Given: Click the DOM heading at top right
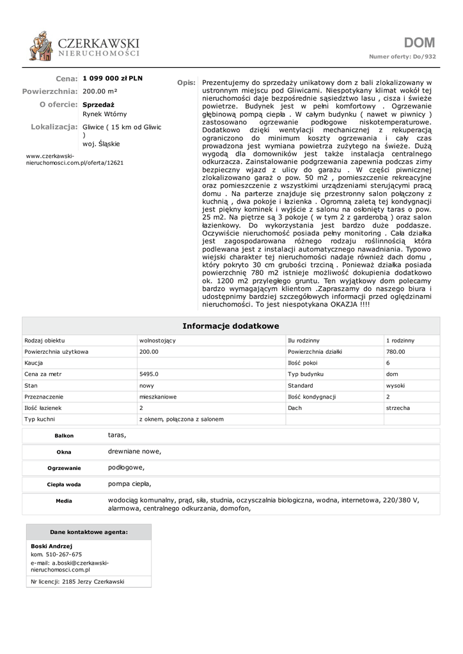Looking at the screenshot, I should coord(419,43).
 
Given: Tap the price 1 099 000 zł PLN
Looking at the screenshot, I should coord(113,79).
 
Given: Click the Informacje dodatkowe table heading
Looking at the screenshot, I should coord(231,326).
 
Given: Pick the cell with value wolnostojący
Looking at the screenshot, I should coord(157,340).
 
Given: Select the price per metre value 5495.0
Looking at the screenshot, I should coord(149,375).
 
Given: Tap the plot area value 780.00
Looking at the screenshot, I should coord(396,351).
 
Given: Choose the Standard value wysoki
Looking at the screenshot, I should coord(395,386).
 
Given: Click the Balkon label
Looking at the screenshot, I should coord(64,436).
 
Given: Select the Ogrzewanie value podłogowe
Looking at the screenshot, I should coord(126,468).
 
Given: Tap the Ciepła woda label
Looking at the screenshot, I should coord(64,484).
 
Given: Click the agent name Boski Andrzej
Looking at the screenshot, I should coord(52,547).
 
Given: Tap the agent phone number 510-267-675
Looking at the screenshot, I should coord(61,554).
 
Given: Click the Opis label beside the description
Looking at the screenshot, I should coord(186,83).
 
